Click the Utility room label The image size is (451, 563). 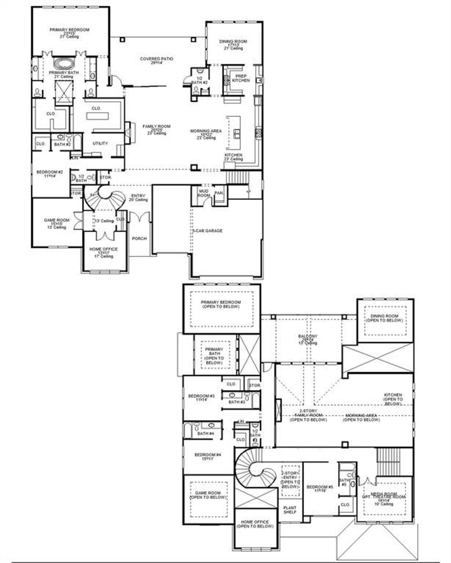100,143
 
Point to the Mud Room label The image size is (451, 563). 204,193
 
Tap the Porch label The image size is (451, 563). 139,239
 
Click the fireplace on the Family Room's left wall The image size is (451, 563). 129,133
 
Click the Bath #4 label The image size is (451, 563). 205,433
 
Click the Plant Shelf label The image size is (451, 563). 290,510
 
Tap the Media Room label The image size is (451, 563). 384,494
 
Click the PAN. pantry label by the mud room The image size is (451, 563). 218,193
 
